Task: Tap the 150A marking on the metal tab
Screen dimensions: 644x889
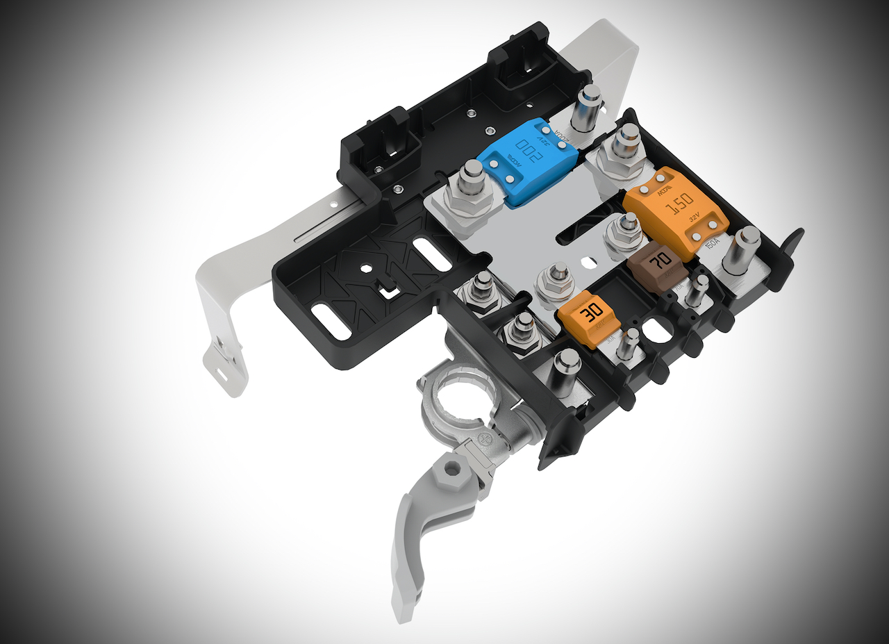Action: [711, 246]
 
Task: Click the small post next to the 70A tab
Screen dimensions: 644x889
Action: [699, 290]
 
